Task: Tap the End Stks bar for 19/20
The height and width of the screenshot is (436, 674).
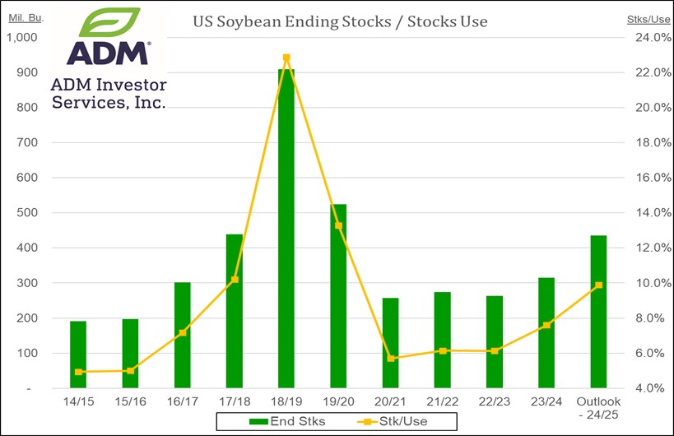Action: point(337,296)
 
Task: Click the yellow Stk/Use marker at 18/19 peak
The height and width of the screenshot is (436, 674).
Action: point(286,58)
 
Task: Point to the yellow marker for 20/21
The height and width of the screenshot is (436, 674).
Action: point(390,358)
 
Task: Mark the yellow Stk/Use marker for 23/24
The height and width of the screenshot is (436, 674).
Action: point(546,325)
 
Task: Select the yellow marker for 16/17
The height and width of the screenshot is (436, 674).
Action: point(182,332)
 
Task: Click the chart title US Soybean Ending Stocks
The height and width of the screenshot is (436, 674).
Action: point(340,21)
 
